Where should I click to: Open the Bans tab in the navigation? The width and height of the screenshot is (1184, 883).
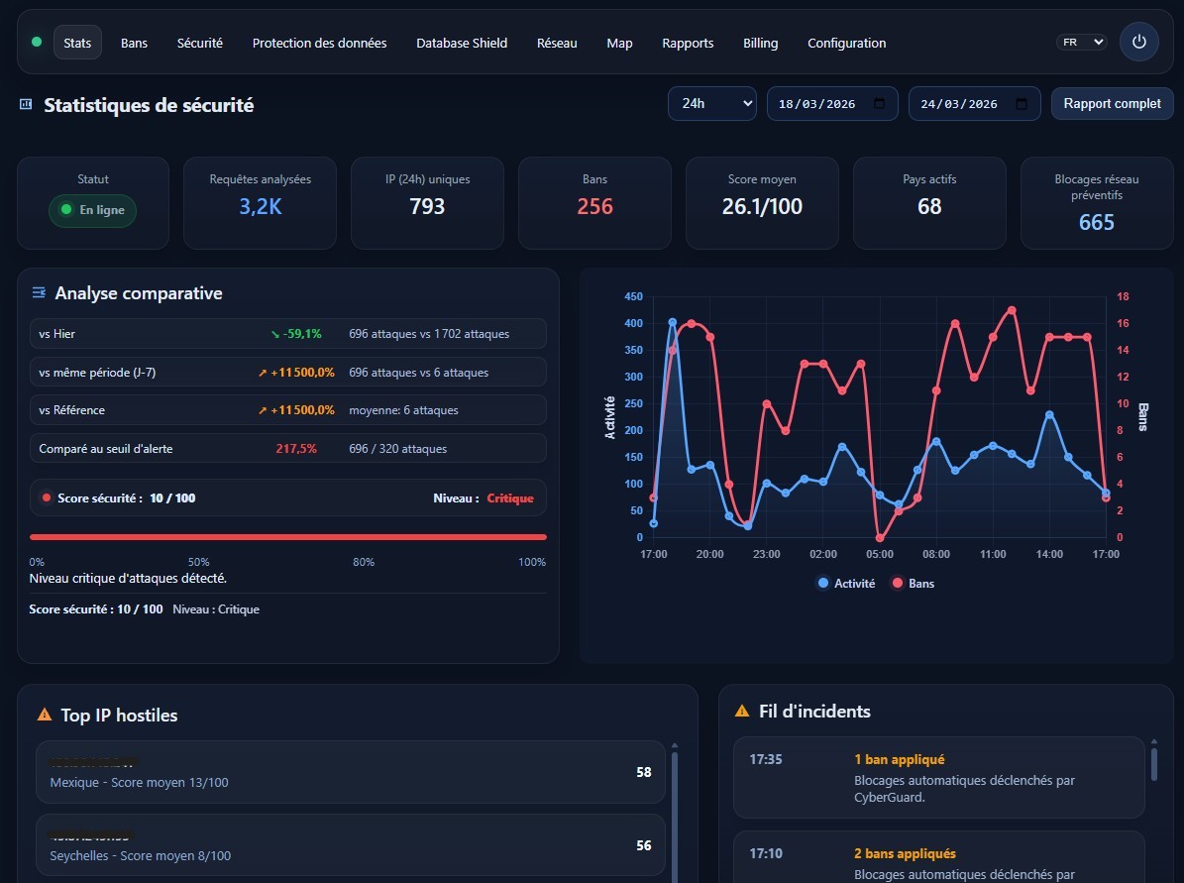pos(134,43)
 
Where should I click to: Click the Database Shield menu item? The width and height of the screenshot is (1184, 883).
pos(462,43)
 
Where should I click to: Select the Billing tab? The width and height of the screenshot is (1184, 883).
pos(761,43)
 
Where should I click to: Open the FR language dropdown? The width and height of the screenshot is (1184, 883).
pos(1082,43)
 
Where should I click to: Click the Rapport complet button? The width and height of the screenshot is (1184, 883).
pos(1112,103)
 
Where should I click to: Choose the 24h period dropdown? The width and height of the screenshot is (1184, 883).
pos(711,103)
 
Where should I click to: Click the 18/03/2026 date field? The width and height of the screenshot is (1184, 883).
pos(832,103)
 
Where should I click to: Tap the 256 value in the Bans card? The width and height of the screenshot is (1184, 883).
pos(595,206)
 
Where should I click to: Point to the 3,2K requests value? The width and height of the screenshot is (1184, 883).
pos(261,206)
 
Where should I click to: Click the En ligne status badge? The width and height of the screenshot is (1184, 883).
pos(93,210)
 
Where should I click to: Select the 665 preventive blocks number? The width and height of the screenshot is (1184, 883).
pos(1097,222)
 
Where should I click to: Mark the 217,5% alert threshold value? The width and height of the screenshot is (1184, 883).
pos(296,449)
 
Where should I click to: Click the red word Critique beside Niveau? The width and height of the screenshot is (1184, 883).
pos(510,498)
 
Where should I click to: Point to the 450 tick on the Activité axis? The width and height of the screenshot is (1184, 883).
pos(633,296)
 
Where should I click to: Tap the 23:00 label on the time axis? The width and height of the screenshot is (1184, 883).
pos(766,554)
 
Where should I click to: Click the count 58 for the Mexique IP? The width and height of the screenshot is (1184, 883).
pos(644,772)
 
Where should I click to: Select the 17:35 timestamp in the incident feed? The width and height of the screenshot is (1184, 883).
pos(766,760)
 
